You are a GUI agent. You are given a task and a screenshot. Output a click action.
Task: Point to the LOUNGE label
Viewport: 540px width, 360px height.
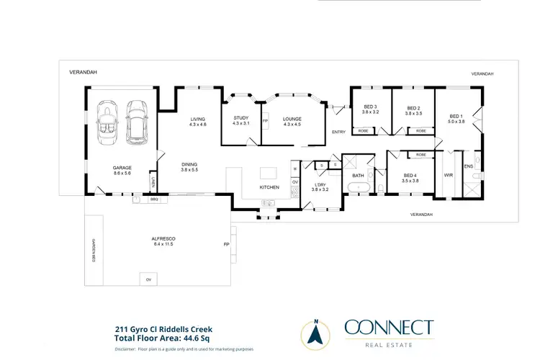[x=292, y=119]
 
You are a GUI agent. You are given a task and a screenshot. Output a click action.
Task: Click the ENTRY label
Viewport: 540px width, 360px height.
[x=338, y=132]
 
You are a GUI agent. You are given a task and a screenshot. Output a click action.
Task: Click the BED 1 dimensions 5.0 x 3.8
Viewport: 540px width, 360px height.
[x=456, y=122]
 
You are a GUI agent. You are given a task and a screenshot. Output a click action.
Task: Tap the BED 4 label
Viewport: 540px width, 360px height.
[x=410, y=175]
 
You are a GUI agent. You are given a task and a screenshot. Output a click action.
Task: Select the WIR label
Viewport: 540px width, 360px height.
[x=448, y=174]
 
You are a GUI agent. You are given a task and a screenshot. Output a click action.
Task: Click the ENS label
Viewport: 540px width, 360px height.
[x=468, y=167]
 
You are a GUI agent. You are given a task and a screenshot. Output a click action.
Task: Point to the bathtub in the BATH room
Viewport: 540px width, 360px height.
[x=358, y=188]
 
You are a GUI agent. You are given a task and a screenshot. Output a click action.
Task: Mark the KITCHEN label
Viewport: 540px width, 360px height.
[x=269, y=188]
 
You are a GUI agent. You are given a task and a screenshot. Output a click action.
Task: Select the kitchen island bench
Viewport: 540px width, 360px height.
[x=269, y=173]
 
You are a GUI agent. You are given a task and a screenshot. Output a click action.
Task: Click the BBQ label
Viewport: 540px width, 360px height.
[x=154, y=198]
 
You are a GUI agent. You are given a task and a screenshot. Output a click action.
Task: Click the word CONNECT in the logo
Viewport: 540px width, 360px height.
[x=389, y=328]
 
